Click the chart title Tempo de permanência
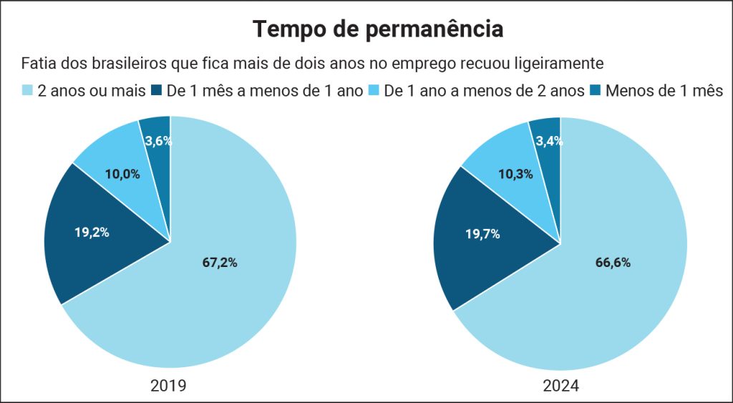click(378, 29)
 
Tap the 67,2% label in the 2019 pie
click(220, 263)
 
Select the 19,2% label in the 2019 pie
click(92, 232)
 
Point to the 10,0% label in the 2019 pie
click(122, 173)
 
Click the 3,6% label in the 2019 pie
click(157, 141)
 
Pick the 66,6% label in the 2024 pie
click(613, 263)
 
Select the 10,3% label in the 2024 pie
click(515, 174)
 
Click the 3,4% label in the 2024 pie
click(549, 141)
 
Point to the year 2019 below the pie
click(169, 386)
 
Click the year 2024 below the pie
click(560, 386)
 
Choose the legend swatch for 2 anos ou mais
click(28, 91)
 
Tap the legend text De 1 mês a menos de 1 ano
click(265, 91)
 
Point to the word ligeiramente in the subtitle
click(558, 63)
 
